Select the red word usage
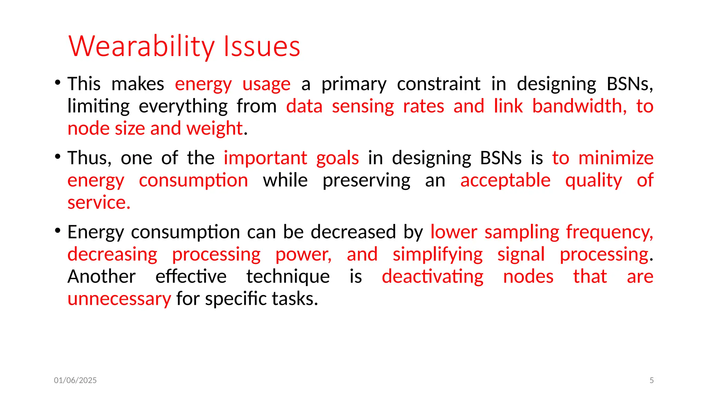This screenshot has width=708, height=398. (266, 84)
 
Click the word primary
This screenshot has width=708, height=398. (354, 84)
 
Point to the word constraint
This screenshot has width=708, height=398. (438, 84)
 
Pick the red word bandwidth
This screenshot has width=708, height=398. (579, 106)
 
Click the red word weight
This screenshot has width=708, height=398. (215, 129)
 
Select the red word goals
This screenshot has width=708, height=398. (337, 158)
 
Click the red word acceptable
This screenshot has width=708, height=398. (505, 180)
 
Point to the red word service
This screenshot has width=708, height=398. (99, 202)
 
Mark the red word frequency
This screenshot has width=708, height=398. (609, 232)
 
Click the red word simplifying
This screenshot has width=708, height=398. (438, 255)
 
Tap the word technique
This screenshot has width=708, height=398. (288, 277)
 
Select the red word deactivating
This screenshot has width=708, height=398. (432, 277)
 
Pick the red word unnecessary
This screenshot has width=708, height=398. (119, 299)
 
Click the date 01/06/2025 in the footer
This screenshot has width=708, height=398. (75, 380)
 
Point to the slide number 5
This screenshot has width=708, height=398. (652, 380)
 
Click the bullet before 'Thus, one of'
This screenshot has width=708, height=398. (58, 157)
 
